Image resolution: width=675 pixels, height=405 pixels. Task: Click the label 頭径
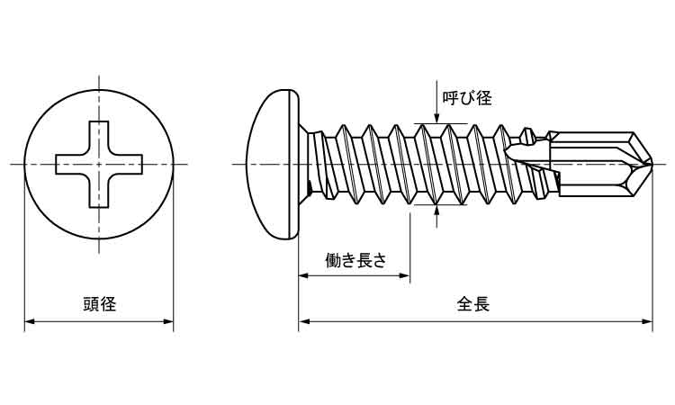point(98,304)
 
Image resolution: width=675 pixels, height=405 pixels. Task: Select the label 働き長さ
point(355,261)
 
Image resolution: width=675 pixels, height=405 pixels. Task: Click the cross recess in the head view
point(99,164)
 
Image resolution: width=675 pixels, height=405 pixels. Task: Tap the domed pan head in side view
point(273,164)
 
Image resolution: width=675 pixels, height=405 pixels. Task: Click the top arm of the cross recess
point(99,135)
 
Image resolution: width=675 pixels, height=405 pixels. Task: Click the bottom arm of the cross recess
point(99,193)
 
